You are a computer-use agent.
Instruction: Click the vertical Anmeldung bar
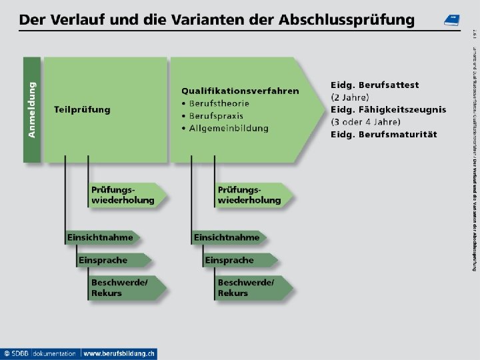pyautogui.click(x=32, y=109)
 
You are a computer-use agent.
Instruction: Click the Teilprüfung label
pyautogui.click(x=82, y=109)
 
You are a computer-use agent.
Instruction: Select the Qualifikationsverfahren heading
pyautogui.click(x=240, y=91)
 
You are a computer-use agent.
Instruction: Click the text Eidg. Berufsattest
pyautogui.click(x=375, y=85)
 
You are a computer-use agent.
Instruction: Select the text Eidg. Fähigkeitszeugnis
pyautogui.click(x=388, y=109)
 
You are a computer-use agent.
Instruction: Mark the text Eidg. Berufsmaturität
pyautogui.click(x=383, y=134)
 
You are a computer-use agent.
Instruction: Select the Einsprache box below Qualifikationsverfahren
pyautogui.click(x=231, y=260)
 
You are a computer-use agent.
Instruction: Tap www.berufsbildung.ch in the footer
pyautogui.click(x=119, y=353)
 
